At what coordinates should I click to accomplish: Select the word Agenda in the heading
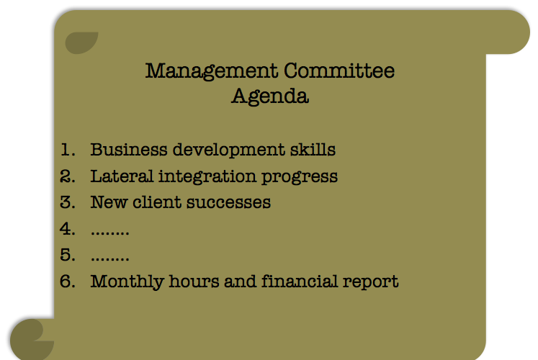coord(270,96)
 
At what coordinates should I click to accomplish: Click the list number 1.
coord(68,150)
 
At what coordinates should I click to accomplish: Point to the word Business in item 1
coord(126,150)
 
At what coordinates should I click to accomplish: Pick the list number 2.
coord(68,176)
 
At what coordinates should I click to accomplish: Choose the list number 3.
coord(68,202)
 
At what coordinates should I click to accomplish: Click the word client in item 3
coord(156,202)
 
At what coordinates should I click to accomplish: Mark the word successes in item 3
coord(228,202)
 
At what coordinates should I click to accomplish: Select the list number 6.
coord(68,281)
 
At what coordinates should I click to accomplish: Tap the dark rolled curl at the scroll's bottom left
coord(31,339)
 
